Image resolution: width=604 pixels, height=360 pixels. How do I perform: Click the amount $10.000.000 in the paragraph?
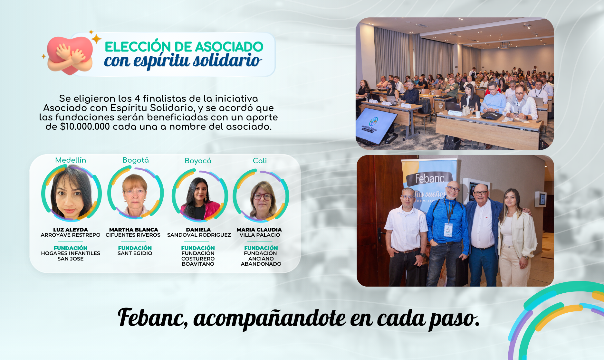tap(85, 127)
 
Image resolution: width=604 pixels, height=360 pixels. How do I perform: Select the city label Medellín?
tap(71, 160)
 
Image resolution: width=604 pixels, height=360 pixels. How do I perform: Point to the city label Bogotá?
tap(136, 160)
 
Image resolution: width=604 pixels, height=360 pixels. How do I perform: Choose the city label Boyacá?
tap(198, 161)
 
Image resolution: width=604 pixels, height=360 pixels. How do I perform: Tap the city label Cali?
tap(260, 161)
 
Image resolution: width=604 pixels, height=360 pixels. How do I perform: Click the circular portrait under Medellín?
tap(71, 193)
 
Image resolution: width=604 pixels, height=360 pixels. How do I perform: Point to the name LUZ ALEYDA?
tap(71, 230)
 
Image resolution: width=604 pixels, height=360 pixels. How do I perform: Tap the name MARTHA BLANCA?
tap(134, 230)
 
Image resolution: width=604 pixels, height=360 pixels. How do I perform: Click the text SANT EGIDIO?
tap(135, 253)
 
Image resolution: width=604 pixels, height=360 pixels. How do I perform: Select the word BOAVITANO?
tap(198, 264)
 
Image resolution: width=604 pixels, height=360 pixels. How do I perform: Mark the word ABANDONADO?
tap(261, 264)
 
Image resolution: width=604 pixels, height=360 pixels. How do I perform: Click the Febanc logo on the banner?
tap(430, 178)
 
